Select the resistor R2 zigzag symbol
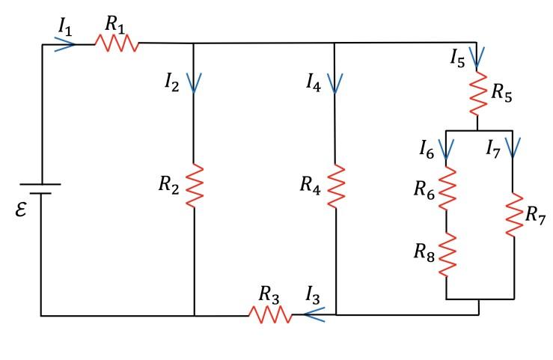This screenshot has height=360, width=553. tap(194, 186)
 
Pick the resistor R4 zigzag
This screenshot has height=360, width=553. tap(336, 186)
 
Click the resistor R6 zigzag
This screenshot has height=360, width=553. tap(447, 188)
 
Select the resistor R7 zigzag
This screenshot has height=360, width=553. tap(513, 215)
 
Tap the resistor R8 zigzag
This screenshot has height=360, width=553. tap(447, 254)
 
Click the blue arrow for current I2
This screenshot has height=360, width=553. tap(194, 82)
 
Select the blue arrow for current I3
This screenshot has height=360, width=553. tap(314, 315)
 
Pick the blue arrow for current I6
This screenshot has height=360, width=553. tap(447, 150)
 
